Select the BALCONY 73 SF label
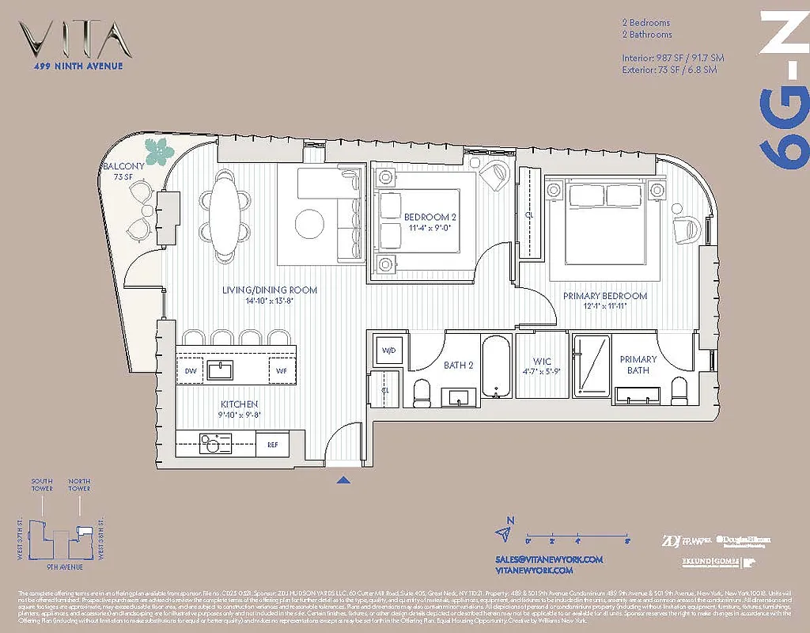tap(123, 171)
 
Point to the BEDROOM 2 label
tap(430, 222)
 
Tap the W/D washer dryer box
tap(388, 351)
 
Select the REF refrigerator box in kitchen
tap(272, 445)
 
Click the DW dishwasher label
tap(191, 370)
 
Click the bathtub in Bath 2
tap(496, 367)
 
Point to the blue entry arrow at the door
tap(343, 479)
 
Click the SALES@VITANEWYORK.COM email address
tap(549, 559)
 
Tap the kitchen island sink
tap(221, 370)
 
